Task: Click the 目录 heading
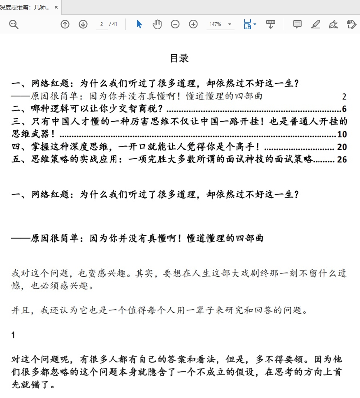pos(179,58)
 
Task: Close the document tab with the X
pos(56,7)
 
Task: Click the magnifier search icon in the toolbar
pos(14,24)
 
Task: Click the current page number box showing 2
pos(101,24)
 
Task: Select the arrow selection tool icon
pos(139,24)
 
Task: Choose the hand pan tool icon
pos(157,24)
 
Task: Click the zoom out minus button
pos(175,24)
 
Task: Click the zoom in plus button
pos(193,24)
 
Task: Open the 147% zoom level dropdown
pos(221,24)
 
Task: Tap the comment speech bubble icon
pos(297,24)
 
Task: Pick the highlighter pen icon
pos(315,24)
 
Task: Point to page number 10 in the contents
pos(342,134)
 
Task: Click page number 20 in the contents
pos(342,147)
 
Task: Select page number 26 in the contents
pos(342,160)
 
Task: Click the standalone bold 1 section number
pos(13,335)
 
